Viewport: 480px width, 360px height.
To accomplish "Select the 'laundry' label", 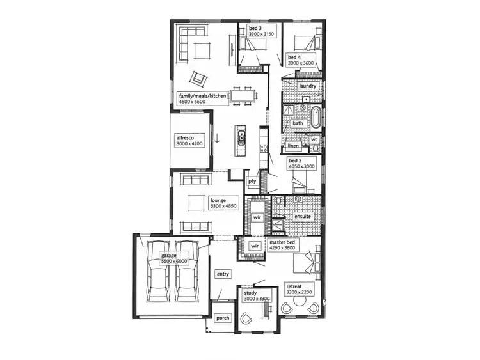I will [x=308, y=86].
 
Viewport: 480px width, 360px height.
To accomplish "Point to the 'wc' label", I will [x=315, y=139].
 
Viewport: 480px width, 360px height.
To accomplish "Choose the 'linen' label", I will [x=294, y=146].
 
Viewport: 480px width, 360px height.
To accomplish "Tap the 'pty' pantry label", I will [x=252, y=181].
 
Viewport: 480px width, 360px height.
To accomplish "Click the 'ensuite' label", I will [x=303, y=217].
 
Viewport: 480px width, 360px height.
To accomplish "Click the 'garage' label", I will [x=169, y=256].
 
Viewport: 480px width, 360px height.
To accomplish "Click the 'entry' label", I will [x=223, y=274].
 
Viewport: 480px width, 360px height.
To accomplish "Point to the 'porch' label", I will [x=222, y=318].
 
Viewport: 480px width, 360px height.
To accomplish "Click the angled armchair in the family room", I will [x=199, y=79].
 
